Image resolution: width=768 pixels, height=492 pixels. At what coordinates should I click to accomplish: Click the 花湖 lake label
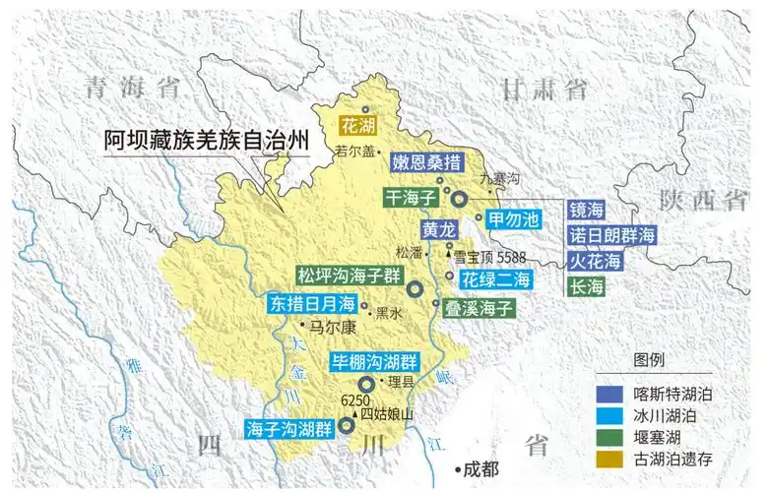[x=358, y=126]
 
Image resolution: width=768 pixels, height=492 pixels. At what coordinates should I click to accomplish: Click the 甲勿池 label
[x=514, y=217]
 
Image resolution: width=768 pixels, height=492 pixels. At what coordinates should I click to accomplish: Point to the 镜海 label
[x=587, y=211]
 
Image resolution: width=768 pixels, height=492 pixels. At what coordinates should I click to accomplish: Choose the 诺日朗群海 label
[x=612, y=236]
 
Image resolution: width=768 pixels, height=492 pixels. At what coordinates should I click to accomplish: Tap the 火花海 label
[x=597, y=262]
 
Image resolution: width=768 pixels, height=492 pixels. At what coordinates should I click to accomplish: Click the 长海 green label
[x=587, y=287]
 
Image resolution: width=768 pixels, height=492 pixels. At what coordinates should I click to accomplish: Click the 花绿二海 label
[x=497, y=278]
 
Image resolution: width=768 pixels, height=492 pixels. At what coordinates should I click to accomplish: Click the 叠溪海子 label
[x=479, y=307]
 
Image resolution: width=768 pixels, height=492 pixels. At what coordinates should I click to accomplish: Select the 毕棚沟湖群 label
[x=373, y=360]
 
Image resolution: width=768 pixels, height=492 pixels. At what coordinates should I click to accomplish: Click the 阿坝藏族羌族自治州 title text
[x=206, y=142]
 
